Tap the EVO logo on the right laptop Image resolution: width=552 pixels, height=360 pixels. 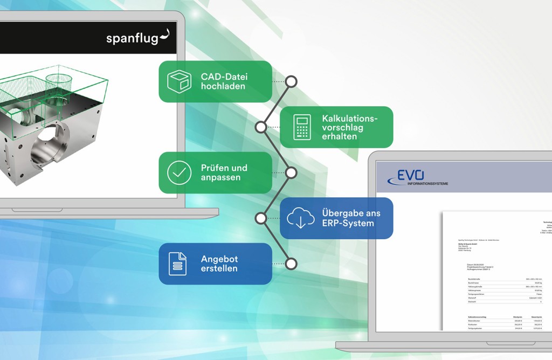point(411,176)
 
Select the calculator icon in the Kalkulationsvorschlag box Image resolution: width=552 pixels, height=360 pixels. point(301,127)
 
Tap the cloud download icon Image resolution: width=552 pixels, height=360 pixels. point(301,218)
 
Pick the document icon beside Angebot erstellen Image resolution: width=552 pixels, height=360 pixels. point(177,264)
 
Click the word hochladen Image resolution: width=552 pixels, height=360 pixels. point(223,86)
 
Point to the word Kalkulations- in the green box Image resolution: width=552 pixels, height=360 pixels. point(350,118)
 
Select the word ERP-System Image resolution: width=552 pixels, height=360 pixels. point(348,223)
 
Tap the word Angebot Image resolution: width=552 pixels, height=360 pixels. point(219,259)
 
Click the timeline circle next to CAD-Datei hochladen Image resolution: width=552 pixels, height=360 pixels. point(291,81)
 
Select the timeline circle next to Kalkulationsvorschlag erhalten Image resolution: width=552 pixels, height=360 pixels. point(261,127)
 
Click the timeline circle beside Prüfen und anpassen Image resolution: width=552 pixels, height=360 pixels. point(291,172)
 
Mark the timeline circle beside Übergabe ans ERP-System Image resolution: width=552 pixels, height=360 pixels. point(261,218)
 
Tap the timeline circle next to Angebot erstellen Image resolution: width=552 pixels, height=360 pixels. point(291,264)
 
